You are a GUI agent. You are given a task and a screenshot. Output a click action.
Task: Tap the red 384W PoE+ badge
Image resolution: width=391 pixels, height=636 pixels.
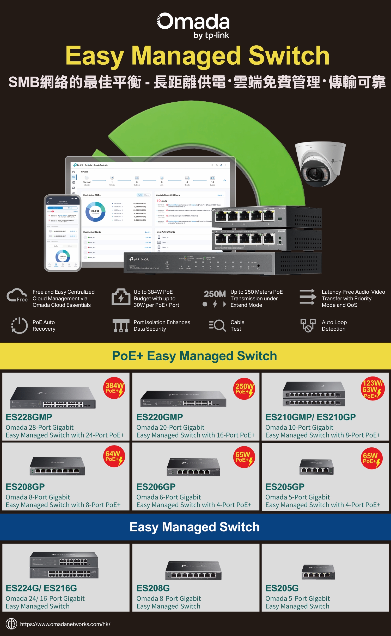tap(114, 388)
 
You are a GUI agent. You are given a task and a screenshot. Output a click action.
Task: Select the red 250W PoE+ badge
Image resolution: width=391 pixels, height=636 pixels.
tap(244, 388)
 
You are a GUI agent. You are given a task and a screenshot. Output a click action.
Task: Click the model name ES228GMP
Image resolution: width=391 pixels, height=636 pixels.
tap(29, 417)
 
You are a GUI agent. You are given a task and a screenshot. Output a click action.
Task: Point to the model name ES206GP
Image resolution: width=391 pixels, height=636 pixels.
tap(156, 487)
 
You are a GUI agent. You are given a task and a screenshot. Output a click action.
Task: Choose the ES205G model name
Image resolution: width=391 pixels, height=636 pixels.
tap(282, 588)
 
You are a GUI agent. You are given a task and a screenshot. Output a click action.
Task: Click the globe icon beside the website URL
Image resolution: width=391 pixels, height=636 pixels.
tap(11, 624)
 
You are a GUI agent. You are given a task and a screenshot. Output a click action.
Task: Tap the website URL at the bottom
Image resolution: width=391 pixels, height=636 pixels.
tap(65, 624)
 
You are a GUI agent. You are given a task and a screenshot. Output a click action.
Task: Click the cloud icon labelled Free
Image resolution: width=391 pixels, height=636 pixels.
tap(17, 296)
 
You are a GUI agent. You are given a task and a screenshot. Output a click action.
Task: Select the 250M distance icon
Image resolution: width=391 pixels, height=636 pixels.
tap(215, 298)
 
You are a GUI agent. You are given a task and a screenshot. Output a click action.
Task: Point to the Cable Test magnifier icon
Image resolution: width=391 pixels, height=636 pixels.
tap(217, 325)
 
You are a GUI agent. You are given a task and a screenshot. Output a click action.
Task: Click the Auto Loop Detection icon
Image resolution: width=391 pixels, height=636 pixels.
tap(308, 325)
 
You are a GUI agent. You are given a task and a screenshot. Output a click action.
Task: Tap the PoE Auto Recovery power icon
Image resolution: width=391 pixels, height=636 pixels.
tap(20, 325)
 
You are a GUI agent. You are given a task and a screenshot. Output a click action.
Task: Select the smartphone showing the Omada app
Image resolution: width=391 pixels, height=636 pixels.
tap(63, 233)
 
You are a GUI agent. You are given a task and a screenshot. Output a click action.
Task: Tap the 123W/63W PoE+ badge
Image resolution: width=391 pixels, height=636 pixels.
tap(372, 388)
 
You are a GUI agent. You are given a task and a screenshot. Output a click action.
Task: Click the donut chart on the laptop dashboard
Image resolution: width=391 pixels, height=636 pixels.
tap(95, 212)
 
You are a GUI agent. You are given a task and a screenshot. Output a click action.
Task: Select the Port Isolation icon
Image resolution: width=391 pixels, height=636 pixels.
tap(121, 325)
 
